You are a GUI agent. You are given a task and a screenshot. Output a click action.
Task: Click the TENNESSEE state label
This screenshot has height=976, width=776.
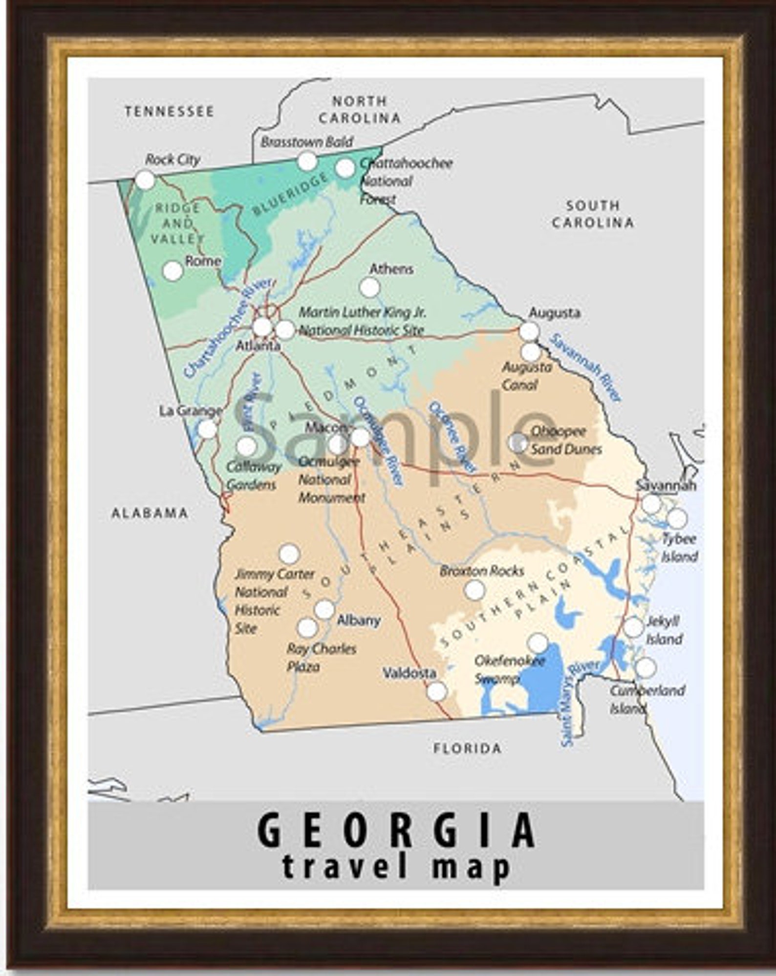(x=169, y=111)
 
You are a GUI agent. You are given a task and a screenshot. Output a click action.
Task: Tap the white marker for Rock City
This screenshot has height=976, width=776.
(x=145, y=180)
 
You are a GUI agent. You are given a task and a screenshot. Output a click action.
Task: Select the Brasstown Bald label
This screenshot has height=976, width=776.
(x=306, y=143)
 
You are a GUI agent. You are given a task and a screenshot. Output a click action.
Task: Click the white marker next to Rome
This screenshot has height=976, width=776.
(x=172, y=271)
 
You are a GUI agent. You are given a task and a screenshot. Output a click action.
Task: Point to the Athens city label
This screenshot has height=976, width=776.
(x=391, y=269)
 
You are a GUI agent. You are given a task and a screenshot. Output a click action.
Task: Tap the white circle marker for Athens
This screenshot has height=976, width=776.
(x=369, y=288)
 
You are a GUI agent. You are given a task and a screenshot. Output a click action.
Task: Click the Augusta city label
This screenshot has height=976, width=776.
(x=554, y=312)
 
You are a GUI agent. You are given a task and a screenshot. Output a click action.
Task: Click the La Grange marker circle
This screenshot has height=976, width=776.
(x=208, y=429)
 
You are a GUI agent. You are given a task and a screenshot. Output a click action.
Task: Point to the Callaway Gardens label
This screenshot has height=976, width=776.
(x=253, y=476)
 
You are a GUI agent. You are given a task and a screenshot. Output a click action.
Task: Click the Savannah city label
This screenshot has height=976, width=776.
(x=666, y=485)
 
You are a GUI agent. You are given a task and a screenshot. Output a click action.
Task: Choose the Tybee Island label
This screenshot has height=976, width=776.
(x=679, y=547)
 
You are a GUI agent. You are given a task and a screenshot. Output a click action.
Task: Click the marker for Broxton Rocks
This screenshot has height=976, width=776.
(x=474, y=590)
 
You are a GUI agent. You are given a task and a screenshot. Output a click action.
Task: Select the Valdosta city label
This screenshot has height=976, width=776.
(x=409, y=673)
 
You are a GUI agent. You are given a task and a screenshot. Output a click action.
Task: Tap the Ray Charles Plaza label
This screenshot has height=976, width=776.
(x=321, y=658)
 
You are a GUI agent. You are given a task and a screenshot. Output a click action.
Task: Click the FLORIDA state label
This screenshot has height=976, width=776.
(x=467, y=748)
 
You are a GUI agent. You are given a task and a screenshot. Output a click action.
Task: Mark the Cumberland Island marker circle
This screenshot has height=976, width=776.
(x=646, y=667)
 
